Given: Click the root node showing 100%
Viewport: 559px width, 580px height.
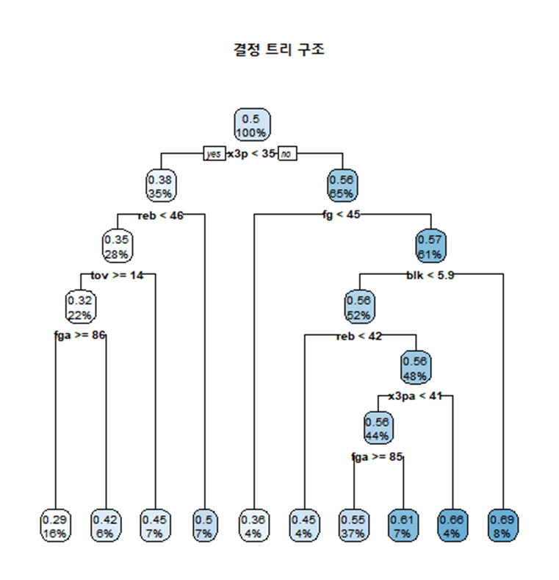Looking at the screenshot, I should pyautogui.click(x=252, y=125).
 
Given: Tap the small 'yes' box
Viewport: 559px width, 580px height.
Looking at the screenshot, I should pyautogui.click(x=214, y=154).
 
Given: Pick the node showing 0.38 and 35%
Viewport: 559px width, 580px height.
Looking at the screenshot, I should pyautogui.click(x=161, y=186).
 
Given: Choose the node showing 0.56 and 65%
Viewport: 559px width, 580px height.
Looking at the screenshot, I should pyautogui.click(x=342, y=186).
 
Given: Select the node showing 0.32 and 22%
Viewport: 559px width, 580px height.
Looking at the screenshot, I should pyautogui.click(x=80, y=307).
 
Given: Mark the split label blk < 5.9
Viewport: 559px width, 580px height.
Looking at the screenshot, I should pyautogui.click(x=430, y=275).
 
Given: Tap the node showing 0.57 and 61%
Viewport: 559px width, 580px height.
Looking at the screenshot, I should pyautogui.click(x=430, y=246).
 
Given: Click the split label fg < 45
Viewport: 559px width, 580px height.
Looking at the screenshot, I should pyautogui.click(x=342, y=215).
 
